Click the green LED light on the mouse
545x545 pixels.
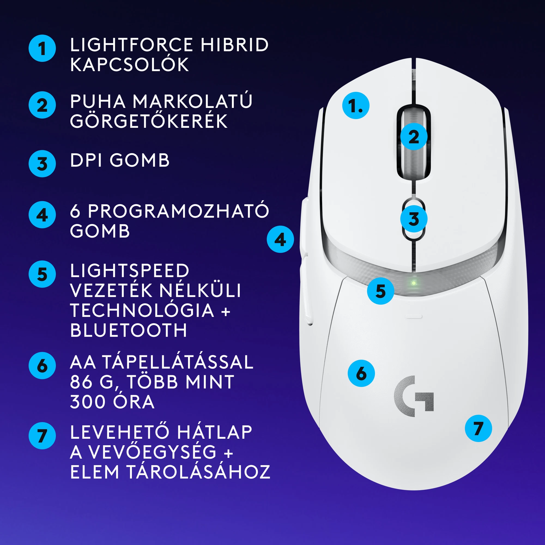[414, 283]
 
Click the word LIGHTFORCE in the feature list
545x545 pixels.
[131, 45]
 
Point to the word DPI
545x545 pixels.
[86, 160]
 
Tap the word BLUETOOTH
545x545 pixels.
[128, 330]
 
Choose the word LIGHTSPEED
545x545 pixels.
[129, 271]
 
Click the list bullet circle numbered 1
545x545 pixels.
[42, 48]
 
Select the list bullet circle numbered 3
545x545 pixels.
[42, 163]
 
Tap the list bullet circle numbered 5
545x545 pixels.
[42, 274]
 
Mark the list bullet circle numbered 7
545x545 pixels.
[42, 435]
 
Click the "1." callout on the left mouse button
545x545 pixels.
[356, 105]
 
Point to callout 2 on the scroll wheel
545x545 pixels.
[414, 137]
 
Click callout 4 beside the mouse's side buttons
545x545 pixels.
[280, 239]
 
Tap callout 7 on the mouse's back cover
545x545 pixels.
[479, 428]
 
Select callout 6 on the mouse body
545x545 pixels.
[361, 373]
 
